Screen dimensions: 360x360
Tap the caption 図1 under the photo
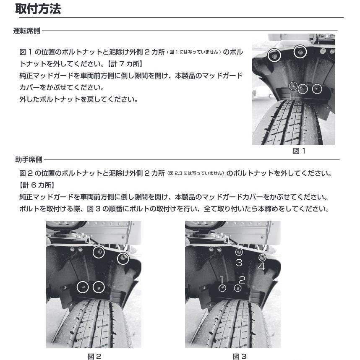point(299,151)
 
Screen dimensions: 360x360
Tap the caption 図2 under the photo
point(94,356)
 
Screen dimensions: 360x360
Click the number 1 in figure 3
point(222,279)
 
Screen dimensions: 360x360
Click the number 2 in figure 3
point(242,279)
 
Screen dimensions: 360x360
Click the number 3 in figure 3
point(239,263)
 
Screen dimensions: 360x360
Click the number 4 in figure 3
point(261,267)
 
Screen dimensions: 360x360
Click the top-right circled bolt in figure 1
point(300,52)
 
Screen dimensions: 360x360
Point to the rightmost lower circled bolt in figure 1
point(317,89)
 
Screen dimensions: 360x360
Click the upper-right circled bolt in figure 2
point(123,258)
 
